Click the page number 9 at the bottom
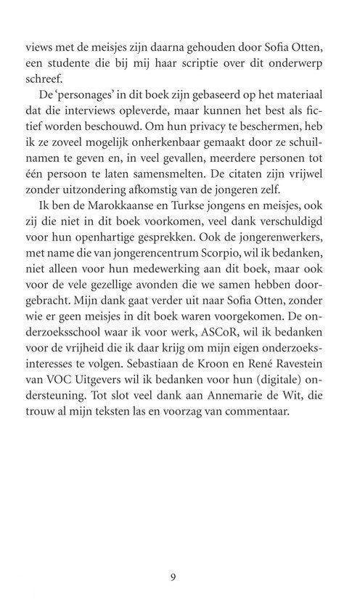pos(172,579)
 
